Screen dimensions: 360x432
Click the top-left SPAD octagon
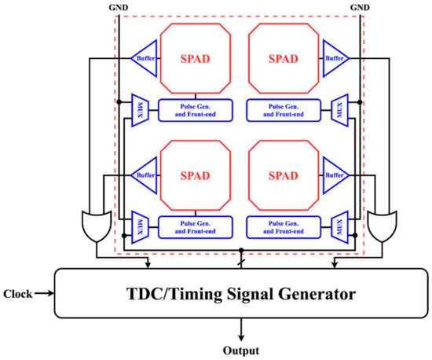coord(193,59)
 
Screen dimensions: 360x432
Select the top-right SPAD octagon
coord(283,59)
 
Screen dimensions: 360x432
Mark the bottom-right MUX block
coord(340,226)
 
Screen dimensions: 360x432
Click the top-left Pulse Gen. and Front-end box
coord(193,109)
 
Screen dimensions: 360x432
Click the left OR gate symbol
coord(96,226)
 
